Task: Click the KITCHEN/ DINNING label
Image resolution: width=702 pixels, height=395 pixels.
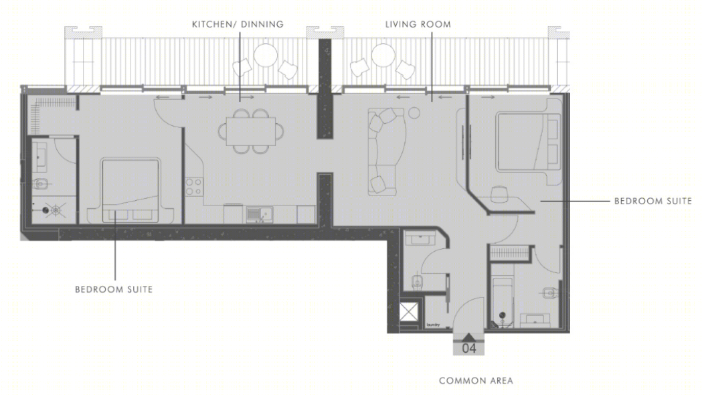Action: (x=238, y=24)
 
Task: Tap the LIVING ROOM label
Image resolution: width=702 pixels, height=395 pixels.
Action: (x=418, y=24)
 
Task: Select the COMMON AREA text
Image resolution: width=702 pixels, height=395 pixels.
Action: (x=476, y=381)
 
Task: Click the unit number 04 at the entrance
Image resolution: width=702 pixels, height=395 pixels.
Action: (x=468, y=348)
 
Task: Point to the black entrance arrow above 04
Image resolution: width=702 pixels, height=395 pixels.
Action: (x=468, y=337)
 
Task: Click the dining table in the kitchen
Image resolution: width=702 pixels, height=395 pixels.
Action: (x=251, y=131)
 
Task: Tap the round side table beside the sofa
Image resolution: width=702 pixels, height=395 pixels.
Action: (x=414, y=113)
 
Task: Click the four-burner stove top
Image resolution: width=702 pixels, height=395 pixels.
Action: (x=194, y=187)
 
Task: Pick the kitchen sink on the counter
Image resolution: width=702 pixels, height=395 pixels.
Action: (x=259, y=214)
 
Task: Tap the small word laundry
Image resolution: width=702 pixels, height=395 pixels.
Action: (x=433, y=325)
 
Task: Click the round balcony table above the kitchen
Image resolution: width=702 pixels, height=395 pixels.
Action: (x=266, y=55)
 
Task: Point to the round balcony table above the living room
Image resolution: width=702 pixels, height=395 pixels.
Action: (x=383, y=55)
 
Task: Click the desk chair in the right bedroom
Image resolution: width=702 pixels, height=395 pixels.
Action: (x=499, y=194)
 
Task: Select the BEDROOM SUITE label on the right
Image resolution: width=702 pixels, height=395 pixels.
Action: (x=652, y=201)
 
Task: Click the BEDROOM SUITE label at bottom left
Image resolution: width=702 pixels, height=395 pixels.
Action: (x=114, y=289)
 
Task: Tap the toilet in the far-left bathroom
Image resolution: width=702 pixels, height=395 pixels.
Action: (x=41, y=183)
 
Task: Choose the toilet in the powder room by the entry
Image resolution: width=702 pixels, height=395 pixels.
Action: (x=417, y=282)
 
